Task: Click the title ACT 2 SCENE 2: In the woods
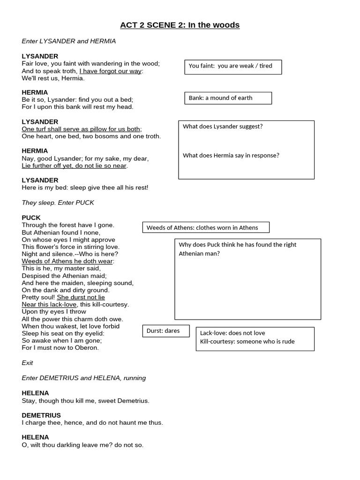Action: [180, 25]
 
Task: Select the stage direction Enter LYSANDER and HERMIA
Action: [68, 41]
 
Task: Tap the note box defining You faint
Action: [233, 67]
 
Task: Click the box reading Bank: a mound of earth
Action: [228, 98]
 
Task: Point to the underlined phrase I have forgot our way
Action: [111, 71]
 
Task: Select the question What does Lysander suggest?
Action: [223, 126]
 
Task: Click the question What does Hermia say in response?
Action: [231, 155]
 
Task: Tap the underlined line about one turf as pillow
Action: [82, 129]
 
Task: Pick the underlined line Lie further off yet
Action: [74, 165]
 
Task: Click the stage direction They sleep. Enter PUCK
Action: [58, 202]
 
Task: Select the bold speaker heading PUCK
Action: [31, 217]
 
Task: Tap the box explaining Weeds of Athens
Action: [206, 227]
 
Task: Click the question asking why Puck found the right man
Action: [237, 249]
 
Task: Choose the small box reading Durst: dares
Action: [165, 331]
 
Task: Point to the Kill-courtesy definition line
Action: [247, 341]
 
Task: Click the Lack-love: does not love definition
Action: [232, 333]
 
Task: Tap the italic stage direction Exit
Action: [27, 363]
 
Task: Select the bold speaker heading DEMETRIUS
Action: [41, 415]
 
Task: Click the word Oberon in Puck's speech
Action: [87, 348]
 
